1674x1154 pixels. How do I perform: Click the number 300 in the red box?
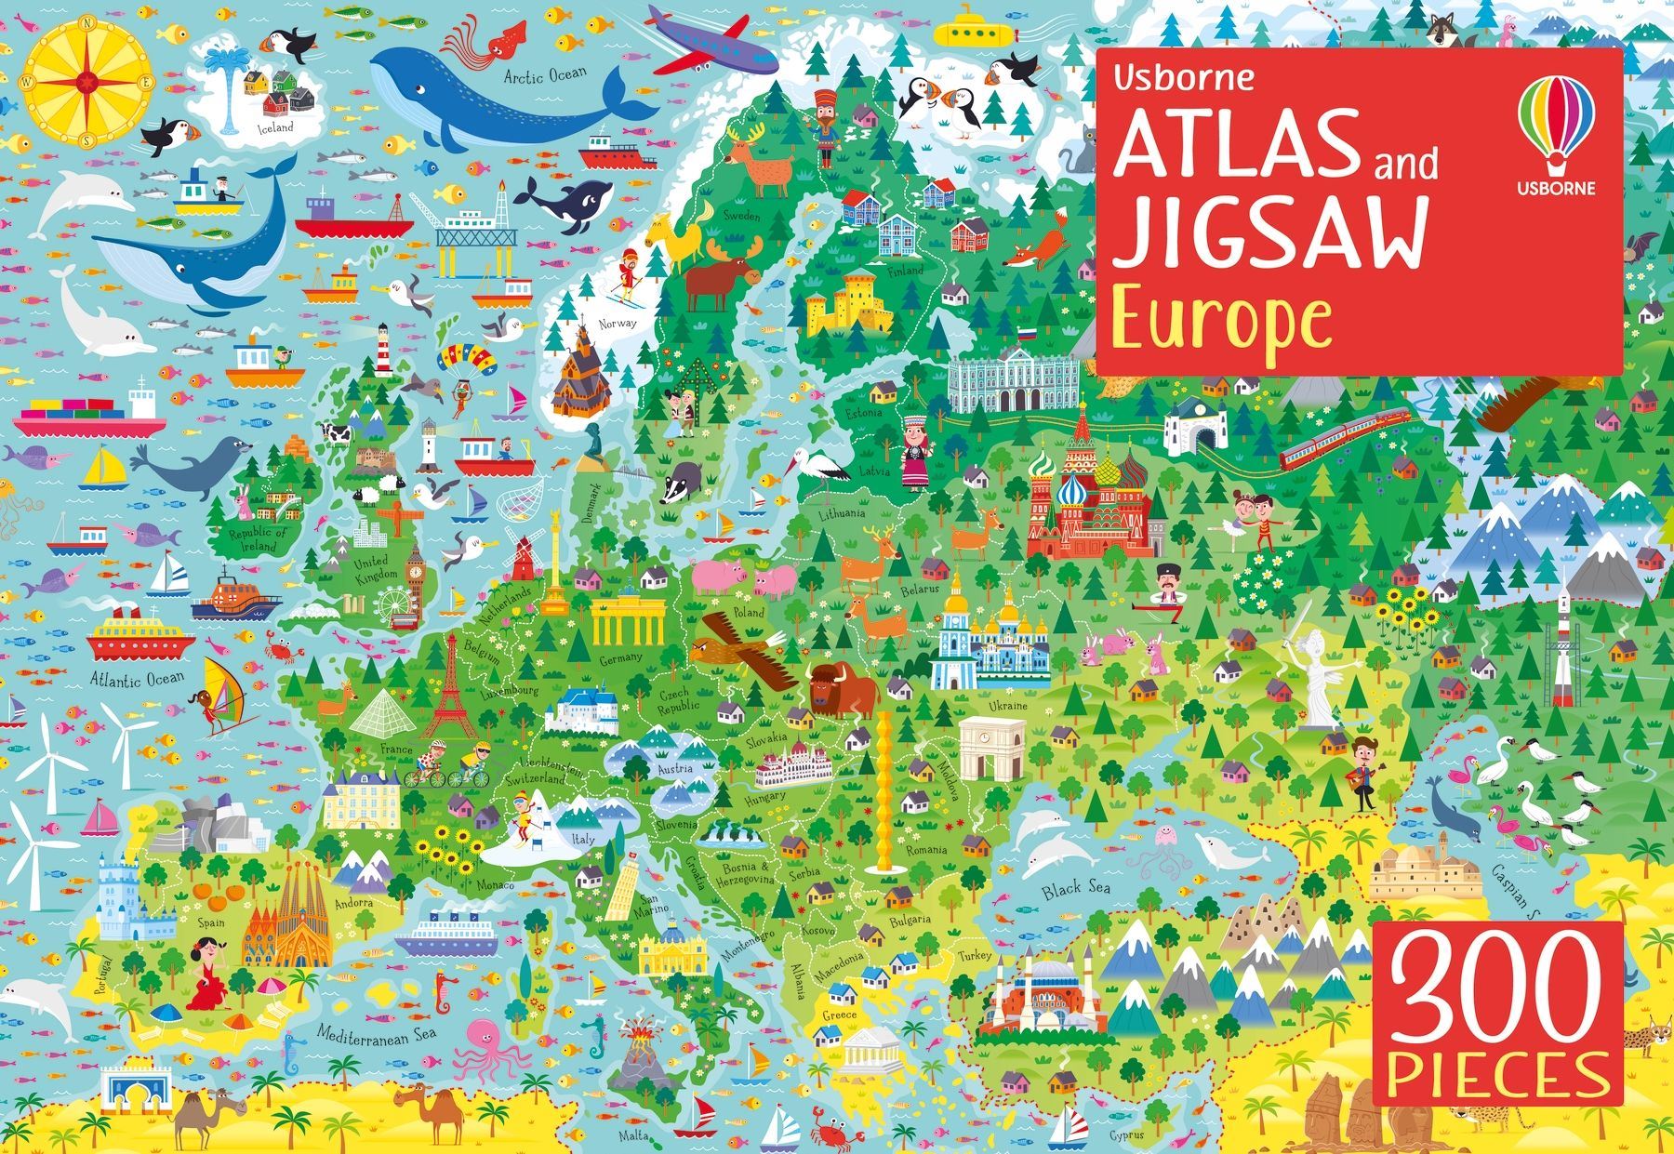[1497, 1002]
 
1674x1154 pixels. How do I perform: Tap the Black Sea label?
[1076, 889]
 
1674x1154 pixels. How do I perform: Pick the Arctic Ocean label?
[546, 74]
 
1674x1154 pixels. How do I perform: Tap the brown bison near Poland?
[842, 688]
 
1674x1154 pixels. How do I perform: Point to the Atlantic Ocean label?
[138, 678]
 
